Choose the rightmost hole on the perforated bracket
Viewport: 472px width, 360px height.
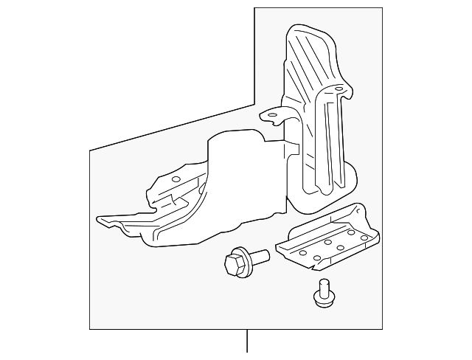click(x=362, y=233)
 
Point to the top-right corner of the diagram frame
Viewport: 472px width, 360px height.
click(x=383, y=8)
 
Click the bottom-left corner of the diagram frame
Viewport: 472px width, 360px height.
click(x=90, y=329)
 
